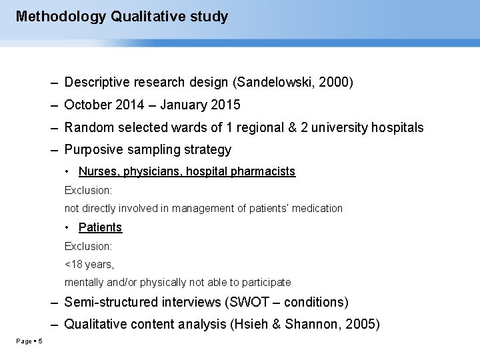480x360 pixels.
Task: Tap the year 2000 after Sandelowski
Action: click(337, 83)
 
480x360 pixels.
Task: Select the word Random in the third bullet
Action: click(87, 127)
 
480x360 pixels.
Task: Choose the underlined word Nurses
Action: click(97, 171)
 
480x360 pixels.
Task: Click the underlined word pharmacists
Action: click(263, 171)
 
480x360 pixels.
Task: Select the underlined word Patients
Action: click(100, 227)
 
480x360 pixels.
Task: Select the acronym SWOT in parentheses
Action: click(249, 302)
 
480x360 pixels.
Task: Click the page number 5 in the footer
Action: click(40, 342)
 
